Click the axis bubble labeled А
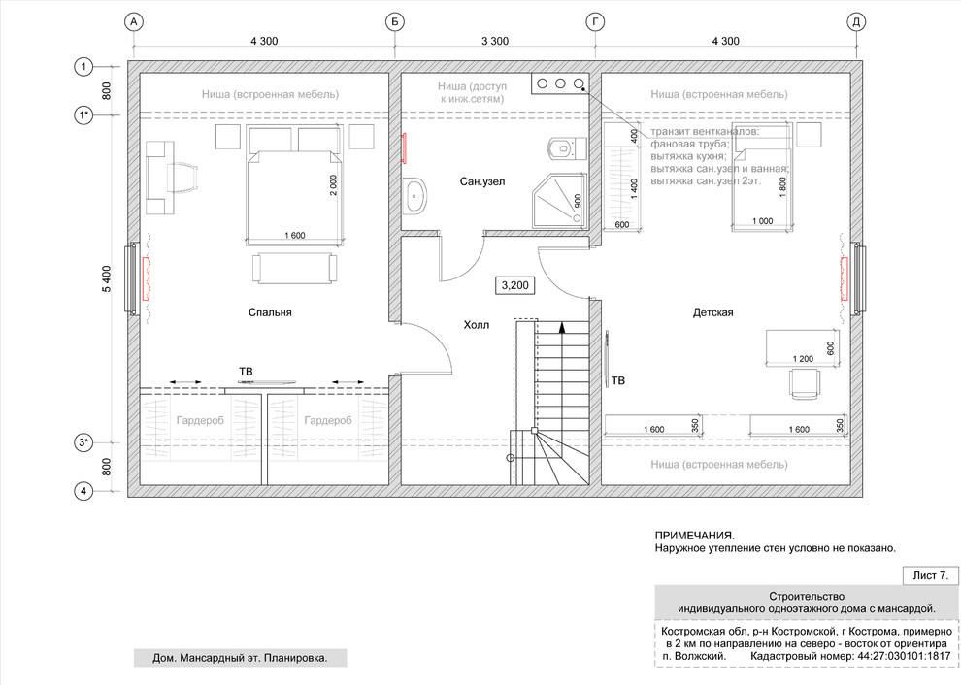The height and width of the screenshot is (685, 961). tap(134, 22)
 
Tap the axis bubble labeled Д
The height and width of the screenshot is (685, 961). tap(856, 22)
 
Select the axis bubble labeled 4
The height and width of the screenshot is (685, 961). tap(83, 491)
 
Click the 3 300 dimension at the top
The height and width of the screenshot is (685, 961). tap(495, 41)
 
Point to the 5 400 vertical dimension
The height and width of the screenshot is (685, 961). tap(107, 278)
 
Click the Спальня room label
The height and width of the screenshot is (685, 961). tap(270, 312)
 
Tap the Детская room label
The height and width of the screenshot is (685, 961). tap(712, 312)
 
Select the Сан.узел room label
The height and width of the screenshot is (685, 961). tap(482, 182)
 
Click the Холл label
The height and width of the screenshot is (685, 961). tap(477, 325)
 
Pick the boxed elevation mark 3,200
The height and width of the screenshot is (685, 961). tap(514, 285)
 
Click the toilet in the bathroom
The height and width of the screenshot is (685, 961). tap(567, 148)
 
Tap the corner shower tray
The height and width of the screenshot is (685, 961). tap(558, 200)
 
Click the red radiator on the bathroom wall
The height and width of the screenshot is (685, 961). tap(405, 148)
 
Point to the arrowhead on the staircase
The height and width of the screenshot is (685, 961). tap(561, 328)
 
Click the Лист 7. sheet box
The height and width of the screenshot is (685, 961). tap(930, 576)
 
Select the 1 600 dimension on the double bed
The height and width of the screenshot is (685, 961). tap(294, 235)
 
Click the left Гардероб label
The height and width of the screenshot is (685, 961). tap(200, 421)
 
